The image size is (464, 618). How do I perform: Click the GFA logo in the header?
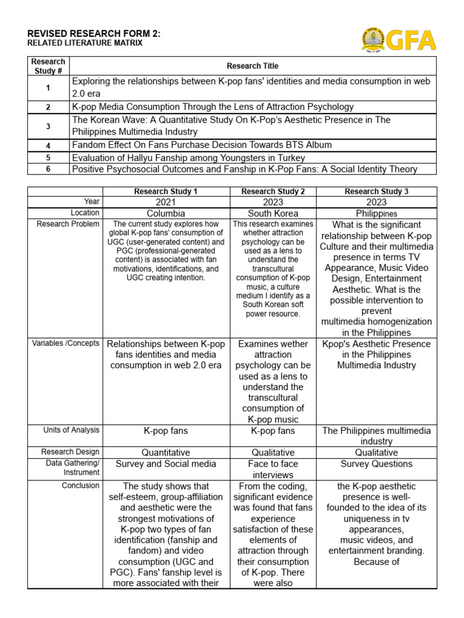399,40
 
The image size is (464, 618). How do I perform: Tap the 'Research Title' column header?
253,66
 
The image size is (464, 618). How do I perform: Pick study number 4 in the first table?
48,145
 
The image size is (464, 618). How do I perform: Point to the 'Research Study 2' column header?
273,191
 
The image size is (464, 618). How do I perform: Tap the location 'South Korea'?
273,214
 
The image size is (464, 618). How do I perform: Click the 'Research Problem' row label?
68,224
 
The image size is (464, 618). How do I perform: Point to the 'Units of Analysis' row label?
71,430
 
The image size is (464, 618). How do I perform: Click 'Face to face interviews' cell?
273,470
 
